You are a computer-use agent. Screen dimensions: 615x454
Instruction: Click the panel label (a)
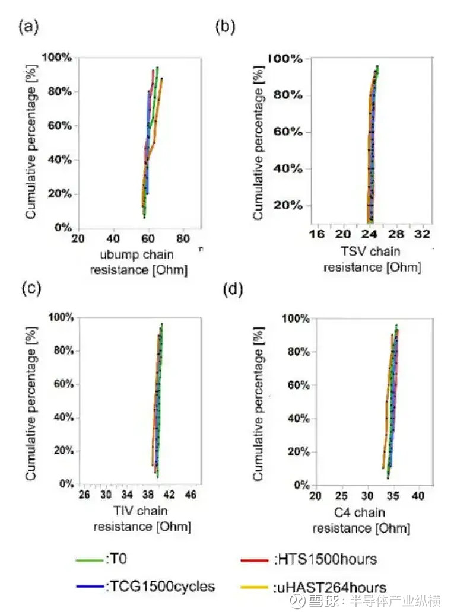pos(29,27)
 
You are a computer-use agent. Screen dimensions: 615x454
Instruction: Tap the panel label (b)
pos(225,27)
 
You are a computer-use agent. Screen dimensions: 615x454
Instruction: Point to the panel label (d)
pos(233,290)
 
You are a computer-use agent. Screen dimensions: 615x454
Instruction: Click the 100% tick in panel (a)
pos(58,58)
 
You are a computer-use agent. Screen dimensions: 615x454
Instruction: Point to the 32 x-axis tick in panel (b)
pos(422,234)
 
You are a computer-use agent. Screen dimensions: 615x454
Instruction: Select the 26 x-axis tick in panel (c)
pos(85,494)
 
